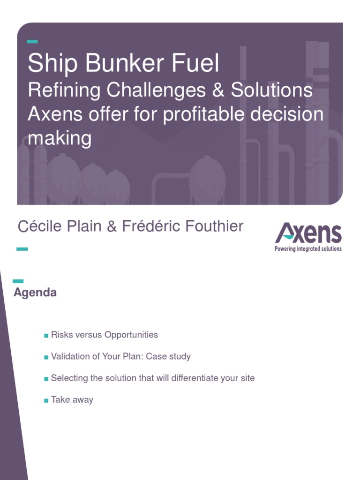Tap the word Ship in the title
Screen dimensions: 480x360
click(x=46, y=64)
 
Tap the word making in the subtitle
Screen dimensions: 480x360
click(x=59, y=139)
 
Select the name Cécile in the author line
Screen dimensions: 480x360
click(x=38, y=227)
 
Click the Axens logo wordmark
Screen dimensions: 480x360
click(x=308, y=234)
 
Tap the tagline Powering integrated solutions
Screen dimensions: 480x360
click(x=308, y=249)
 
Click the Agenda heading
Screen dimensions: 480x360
click(x=35, y=293)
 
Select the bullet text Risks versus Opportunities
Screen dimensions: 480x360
click(x=104, y=335)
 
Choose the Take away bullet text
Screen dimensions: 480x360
click(x=72, y=400)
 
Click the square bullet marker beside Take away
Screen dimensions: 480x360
click(x=46, y=401)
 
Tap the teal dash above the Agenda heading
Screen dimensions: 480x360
click(x=18, y=281)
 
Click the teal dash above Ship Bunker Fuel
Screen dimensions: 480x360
click(x=32, y=42)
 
